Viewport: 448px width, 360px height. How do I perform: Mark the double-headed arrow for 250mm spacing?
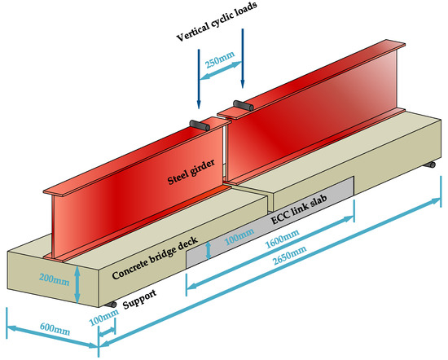point(221,69)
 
